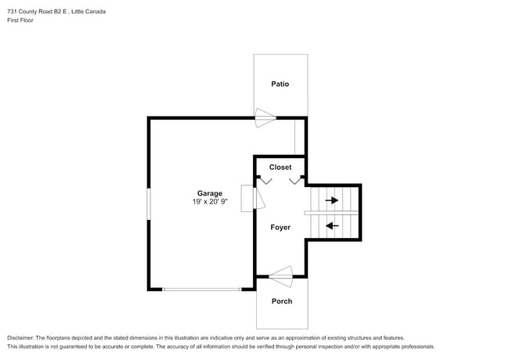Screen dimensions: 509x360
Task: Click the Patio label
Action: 280,84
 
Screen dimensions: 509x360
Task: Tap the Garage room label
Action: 210,193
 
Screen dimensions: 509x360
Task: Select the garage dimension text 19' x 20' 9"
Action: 210,202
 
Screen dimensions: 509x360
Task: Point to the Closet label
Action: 280,167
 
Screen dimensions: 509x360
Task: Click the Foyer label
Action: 280,228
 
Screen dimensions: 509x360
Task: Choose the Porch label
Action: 282,301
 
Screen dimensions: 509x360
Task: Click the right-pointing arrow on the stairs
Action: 332,200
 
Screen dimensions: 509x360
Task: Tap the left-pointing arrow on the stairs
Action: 332,225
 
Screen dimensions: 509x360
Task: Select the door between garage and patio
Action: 265,117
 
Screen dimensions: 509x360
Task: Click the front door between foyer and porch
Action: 281,276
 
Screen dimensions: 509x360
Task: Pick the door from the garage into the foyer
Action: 258,198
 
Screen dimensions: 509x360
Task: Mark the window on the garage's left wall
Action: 149,204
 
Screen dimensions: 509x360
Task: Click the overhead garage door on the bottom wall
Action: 201,290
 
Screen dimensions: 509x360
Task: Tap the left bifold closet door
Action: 266,180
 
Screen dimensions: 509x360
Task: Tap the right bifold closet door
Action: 294,180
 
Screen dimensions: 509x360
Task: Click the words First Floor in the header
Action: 20,20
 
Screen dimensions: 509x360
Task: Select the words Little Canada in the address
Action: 88,12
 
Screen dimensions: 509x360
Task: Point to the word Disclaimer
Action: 20,338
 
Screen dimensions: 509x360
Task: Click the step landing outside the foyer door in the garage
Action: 247,199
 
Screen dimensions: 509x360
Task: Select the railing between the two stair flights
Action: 331,213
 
